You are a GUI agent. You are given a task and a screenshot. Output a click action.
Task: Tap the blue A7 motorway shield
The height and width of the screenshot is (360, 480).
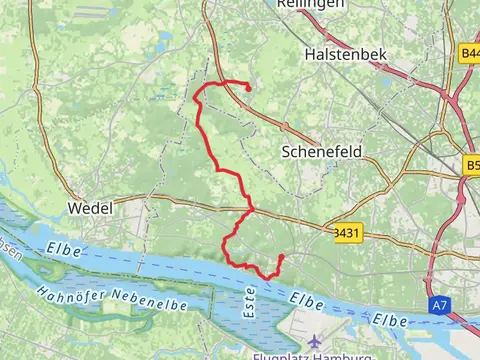tap(441, 302)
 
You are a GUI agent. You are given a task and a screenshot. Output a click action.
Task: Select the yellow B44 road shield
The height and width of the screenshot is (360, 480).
tap(470, 52)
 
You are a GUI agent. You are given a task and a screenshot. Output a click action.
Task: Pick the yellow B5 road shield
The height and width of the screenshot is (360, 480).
tap(472, 165)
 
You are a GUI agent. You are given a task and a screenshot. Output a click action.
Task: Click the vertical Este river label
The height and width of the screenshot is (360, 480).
tap(247, 300)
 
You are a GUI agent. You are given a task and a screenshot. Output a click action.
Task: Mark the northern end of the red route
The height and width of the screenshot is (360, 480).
tap(247, 89)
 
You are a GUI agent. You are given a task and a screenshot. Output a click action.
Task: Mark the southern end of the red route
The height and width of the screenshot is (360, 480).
tap(282, 257)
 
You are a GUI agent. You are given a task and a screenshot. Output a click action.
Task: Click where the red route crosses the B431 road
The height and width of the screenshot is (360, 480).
tap(249, 211)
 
